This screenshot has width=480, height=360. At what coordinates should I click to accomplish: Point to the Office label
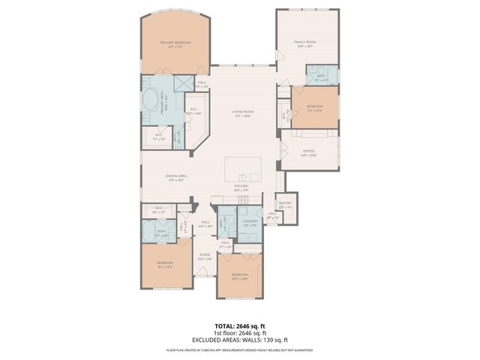pos(309,154)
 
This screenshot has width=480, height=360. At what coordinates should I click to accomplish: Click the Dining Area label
pos(177,178)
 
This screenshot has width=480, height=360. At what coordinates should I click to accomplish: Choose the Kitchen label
pos(241,188)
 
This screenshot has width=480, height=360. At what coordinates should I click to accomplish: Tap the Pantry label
pos(284,204)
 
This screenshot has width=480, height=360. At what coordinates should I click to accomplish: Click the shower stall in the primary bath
pos(182,82)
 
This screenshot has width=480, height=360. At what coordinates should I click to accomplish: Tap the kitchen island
pos(244,169)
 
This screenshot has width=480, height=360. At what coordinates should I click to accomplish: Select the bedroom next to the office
pos(314,108)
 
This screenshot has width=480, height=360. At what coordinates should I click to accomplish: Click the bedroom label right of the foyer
pos(239,277)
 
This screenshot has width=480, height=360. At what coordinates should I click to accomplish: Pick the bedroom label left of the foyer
pos(165,265)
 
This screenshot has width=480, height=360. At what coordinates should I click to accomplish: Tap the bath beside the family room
pos(320,75)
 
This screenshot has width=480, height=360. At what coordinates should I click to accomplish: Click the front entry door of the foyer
pos(205,279)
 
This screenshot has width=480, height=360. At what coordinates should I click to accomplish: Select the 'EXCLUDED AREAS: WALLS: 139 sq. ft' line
pos(239,340)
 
